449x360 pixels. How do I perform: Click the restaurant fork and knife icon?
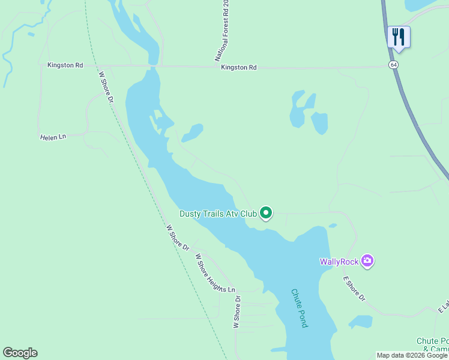(399, 37)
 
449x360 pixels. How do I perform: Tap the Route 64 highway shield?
(393, 64)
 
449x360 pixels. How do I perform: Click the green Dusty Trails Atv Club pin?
(266, 213)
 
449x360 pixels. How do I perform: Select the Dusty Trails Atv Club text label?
(218, 214)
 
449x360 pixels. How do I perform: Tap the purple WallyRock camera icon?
(367, 261)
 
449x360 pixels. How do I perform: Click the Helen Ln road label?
(53, 137)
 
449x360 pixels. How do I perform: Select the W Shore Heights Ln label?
(215, 273)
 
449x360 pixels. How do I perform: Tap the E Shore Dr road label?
(354, 289)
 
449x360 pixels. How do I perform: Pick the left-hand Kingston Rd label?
(65, 65)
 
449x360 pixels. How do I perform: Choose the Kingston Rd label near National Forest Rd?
(238, 68)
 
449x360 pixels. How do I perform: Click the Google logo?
(20, 353)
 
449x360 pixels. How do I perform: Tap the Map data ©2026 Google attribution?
(412, 355)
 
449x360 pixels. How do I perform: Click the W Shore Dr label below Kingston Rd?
(106, 87)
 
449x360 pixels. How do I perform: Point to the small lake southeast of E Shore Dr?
(360, 322)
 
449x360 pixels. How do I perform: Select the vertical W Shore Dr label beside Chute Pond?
(237, 312)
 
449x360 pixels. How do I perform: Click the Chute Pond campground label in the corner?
(432, 345)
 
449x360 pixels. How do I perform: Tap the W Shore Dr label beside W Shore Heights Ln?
(178, 238)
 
